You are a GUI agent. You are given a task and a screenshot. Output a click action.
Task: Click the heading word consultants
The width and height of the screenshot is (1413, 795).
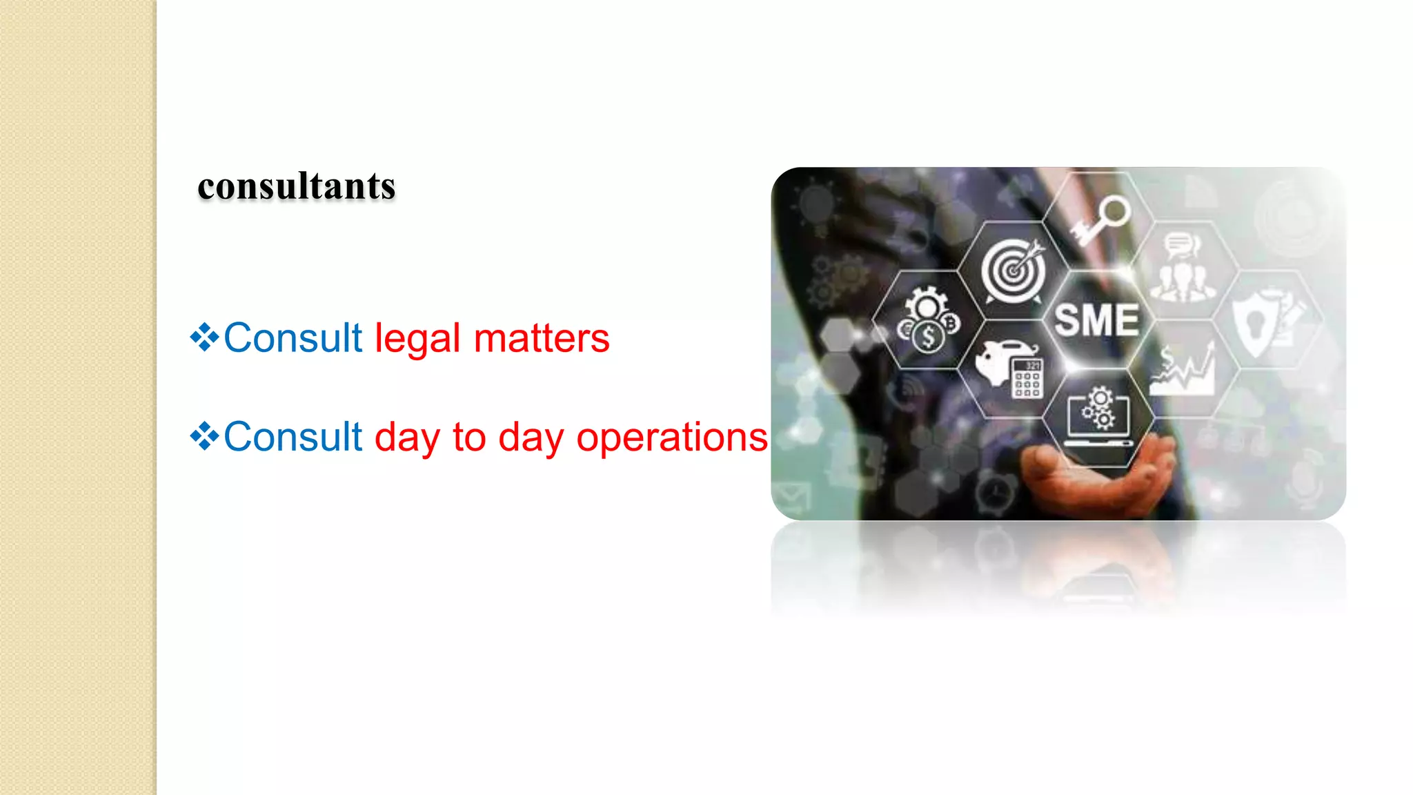297,186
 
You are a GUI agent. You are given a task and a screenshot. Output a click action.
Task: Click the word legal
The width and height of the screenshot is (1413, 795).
417,339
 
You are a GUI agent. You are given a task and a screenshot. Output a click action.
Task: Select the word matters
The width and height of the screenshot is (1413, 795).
542,339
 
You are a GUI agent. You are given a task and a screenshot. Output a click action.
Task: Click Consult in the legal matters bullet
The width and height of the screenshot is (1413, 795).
293,339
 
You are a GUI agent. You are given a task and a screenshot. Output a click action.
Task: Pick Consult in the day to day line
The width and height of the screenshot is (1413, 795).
293,438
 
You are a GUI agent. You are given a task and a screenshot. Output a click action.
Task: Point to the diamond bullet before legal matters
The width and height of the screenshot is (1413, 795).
204,337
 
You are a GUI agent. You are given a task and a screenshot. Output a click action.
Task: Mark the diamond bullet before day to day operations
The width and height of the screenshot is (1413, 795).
204,436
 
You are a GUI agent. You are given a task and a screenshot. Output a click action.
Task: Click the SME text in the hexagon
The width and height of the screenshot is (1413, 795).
1096,321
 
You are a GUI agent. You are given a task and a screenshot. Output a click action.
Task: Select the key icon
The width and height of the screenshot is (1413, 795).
1102,219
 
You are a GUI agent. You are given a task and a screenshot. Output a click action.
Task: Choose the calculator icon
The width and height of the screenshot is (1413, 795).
1027,377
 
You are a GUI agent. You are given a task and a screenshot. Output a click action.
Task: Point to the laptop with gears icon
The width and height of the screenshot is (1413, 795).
1098,418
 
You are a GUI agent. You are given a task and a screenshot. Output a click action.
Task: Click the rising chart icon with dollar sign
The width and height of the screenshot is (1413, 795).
1183,371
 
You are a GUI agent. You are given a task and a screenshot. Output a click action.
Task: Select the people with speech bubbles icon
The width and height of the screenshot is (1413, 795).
1183,269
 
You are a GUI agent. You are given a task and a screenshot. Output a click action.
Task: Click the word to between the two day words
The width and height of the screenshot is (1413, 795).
469,438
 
